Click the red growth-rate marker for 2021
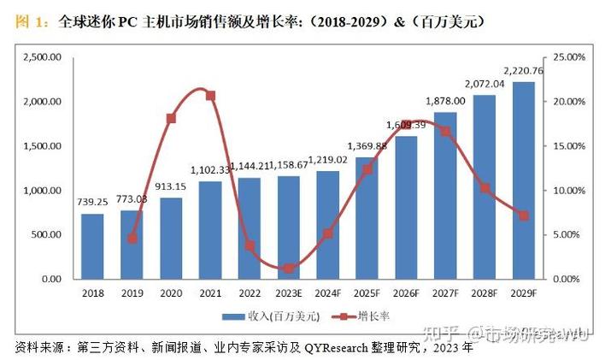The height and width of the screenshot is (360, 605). click(x=210, y=96)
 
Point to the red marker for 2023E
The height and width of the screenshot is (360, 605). click(x=288, y=269)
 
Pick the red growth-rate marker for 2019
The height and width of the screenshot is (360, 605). click(x=132, y=239)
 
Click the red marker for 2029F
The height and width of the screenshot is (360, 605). click(x=522, y=215)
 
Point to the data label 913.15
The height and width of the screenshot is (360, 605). click(x=170, y=186)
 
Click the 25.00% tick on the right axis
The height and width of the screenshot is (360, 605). click(x=569, y=57)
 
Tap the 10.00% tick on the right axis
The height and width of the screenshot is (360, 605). click(x=569, y=190)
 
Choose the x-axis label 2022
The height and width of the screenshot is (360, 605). click(x=249, y=292)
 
